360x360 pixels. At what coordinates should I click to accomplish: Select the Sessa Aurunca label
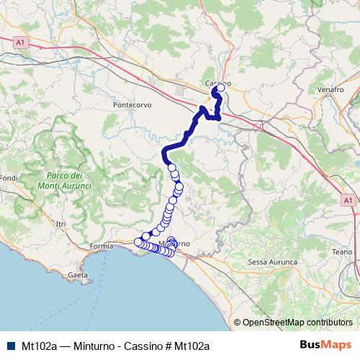click(271, 262)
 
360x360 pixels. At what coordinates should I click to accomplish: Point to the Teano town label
click(342, 252)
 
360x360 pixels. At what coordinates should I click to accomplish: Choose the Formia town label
click(101, 247)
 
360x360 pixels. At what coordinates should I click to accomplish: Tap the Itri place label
click(60, 225)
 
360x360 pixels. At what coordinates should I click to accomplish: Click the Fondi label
click(9, 178)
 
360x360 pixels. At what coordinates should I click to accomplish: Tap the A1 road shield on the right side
click(348, 199)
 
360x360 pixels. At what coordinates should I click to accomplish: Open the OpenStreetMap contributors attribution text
click(297, 323)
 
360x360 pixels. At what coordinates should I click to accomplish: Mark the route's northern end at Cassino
click(215, 91)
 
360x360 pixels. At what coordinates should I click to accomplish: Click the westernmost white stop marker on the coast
click(138, 242)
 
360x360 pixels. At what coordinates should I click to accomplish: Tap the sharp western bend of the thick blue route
click(165, 150)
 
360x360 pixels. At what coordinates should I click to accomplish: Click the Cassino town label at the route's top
click(218, 84)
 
